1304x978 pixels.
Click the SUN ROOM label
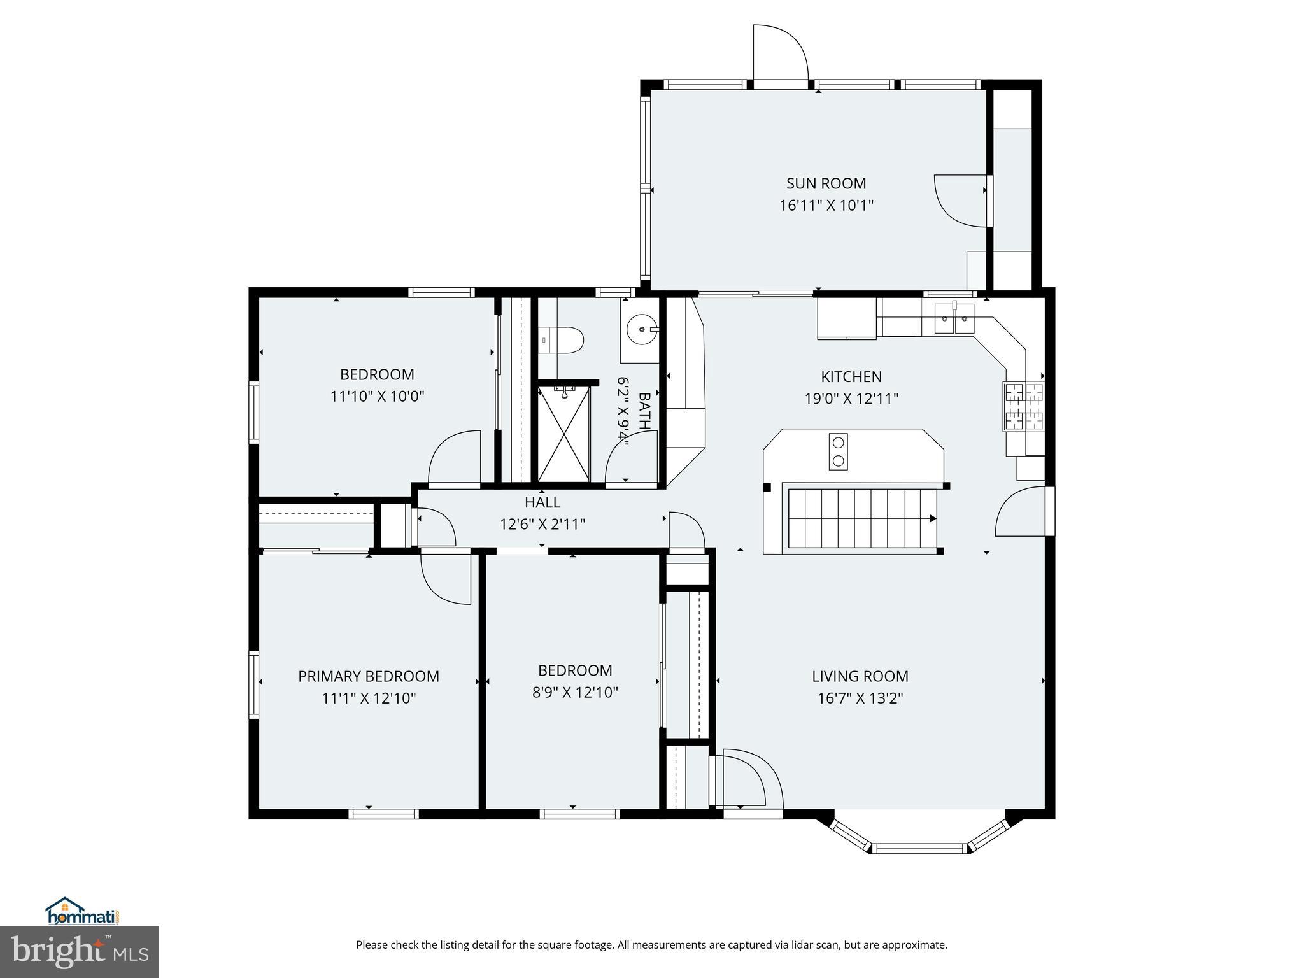tap(826, 183)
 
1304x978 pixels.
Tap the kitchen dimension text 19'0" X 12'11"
tap(851, 399)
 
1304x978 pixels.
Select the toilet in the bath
tap(563, 341)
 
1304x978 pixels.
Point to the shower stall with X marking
tap(564, 434)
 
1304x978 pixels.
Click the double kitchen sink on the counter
tap(954, 318)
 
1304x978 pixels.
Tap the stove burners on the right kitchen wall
tap(1024, 406)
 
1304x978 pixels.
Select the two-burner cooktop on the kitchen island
tap(839, 451)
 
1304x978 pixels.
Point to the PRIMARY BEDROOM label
tap(369, 676)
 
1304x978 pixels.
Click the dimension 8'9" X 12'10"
tap(575, 692)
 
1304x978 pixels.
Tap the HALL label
tap(542, 502)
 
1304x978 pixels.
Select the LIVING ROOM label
tap(860, 676)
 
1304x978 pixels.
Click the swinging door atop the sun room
tap(780, 54)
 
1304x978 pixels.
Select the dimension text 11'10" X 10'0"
tap(377, 397)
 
